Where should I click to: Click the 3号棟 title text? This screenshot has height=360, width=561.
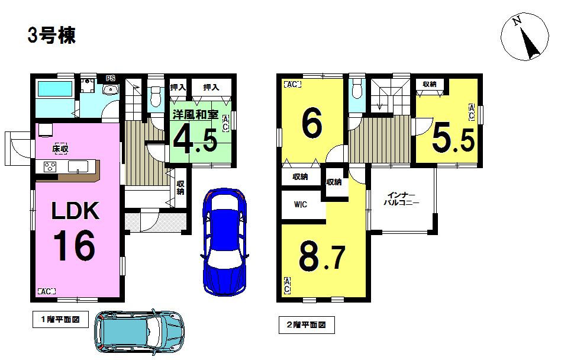click(51, 36)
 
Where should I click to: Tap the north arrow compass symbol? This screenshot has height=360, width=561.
click(524, 37)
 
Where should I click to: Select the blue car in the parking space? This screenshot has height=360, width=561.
click(225, 242)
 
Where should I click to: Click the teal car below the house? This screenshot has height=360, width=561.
click(140, 331)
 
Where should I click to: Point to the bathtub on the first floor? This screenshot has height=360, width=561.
click(55, 89)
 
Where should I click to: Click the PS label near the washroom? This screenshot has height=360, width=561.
click(110, 78)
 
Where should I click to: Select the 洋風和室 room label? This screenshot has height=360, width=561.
click(195, 114)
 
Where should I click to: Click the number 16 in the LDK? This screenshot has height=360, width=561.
click(75, 246)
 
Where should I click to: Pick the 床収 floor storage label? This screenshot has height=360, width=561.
click(60, 149)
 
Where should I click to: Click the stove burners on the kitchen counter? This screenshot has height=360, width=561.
click(50, 167)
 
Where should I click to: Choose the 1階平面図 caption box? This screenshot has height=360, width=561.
click(60, 320)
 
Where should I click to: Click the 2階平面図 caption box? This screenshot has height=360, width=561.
click(307, 325)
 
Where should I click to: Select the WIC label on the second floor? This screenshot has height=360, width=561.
click(301, 204)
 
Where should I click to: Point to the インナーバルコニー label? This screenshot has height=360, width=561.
click(401, 199)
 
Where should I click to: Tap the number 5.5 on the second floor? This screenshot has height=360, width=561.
click(454, 139)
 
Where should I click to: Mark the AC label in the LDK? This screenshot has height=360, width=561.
click(47, 291)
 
